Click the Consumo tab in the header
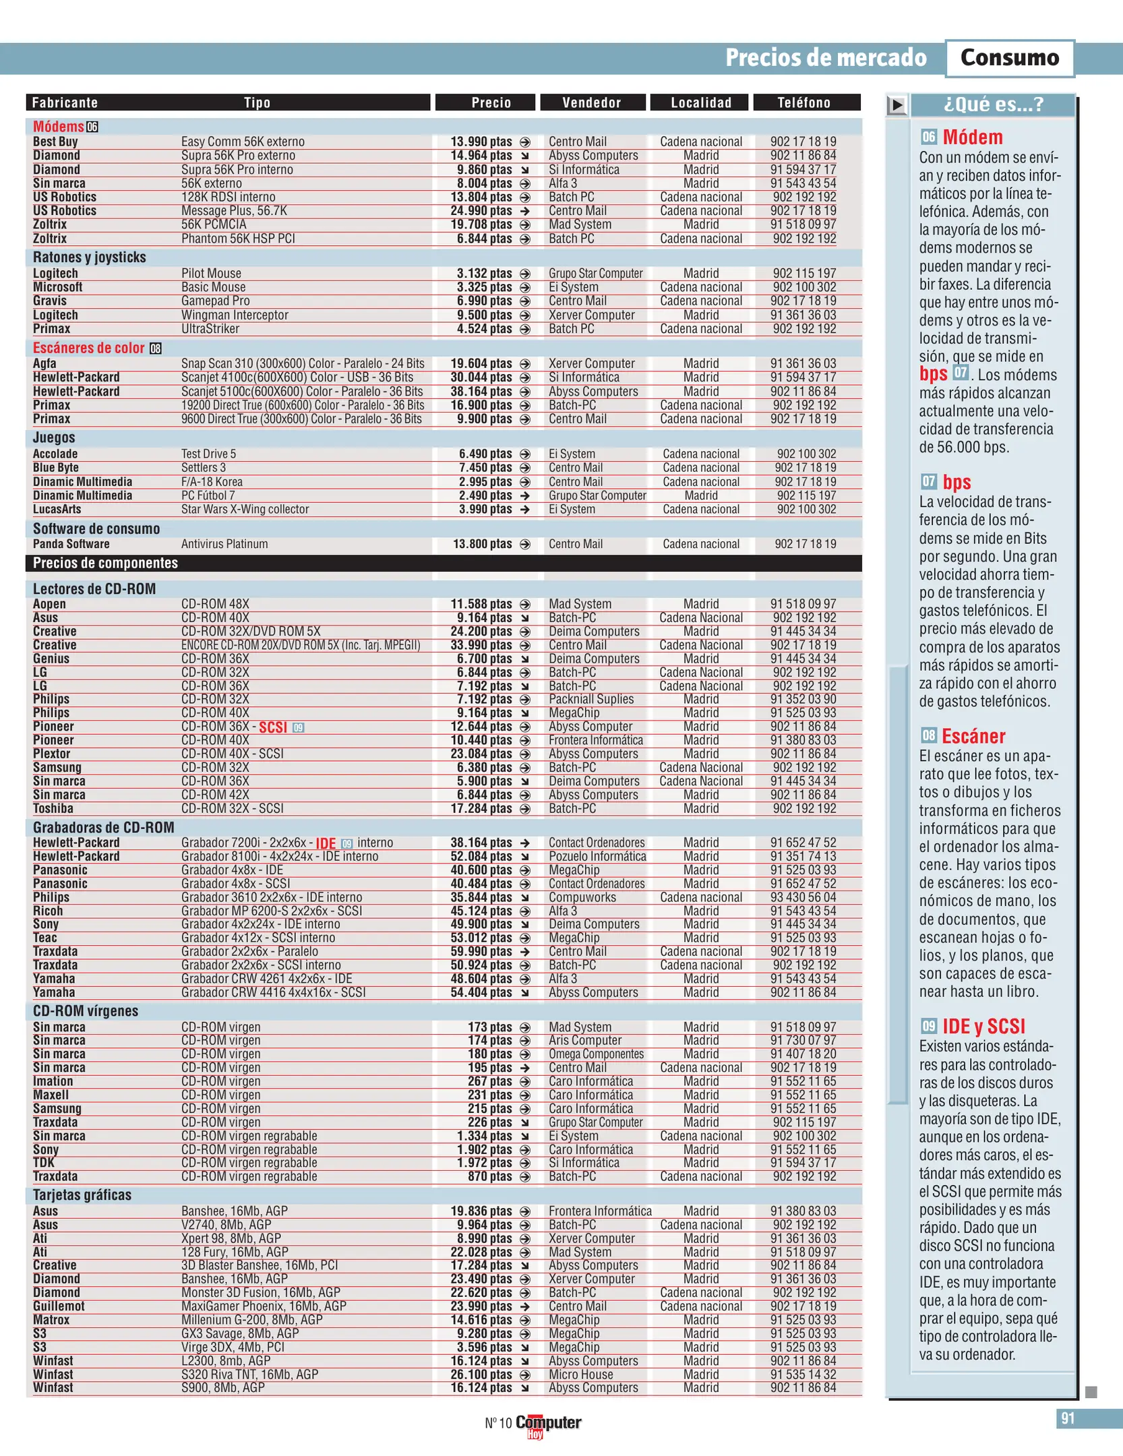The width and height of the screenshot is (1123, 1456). [x=1009, y=58]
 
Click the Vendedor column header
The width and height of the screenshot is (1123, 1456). [x=591, y=102]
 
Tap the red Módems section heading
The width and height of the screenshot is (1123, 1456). [x=59, y=127]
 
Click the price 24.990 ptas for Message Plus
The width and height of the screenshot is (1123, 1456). [x=481, y=211]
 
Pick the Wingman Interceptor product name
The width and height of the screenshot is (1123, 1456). [x=235, y=315]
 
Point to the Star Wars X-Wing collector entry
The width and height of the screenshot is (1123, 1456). [x=245, y=510]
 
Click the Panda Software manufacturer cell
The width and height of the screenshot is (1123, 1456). [x=71, y=544]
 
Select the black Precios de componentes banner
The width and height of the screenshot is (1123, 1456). [x=443, y=563]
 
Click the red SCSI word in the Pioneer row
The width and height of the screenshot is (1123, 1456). [x=273, y=727]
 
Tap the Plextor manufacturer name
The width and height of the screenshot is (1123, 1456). [x=51, y=754]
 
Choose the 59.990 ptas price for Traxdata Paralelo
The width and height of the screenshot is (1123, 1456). [x=481, y=951]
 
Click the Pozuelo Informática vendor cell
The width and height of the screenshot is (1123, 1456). [x=597, y=856]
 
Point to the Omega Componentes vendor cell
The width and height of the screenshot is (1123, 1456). [x=596, y=1054]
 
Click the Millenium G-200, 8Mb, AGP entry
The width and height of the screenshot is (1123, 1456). [x=251, y=1319]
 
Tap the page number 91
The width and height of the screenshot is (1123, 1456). [x=1068, y=1418]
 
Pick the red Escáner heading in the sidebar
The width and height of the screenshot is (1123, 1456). [x=973, y=736]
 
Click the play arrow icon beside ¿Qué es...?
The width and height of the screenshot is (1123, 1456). [x=897, y=105]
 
